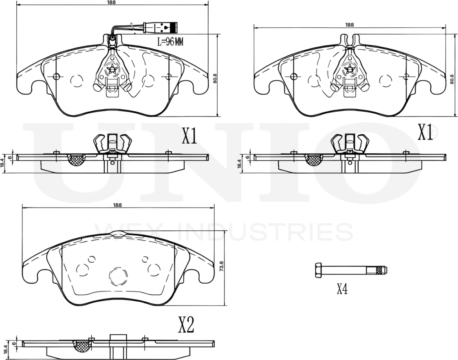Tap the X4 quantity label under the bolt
(x=342, y=289)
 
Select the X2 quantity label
(x=186, y=325)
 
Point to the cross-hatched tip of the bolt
(x=381, y=270)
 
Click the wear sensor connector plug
(x=165, y=28)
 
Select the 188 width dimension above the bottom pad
(x=117, y=205)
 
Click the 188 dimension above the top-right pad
(x=349, y=24)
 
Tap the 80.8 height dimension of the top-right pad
(x=451, y=79)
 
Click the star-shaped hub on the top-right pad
(x=349, y=69)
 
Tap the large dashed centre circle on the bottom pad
(x=119, y=276)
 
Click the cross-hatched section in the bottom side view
(x=82, y=346)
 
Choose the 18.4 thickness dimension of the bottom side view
(x=5, y=349)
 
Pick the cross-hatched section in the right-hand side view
(x=314, y=160)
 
